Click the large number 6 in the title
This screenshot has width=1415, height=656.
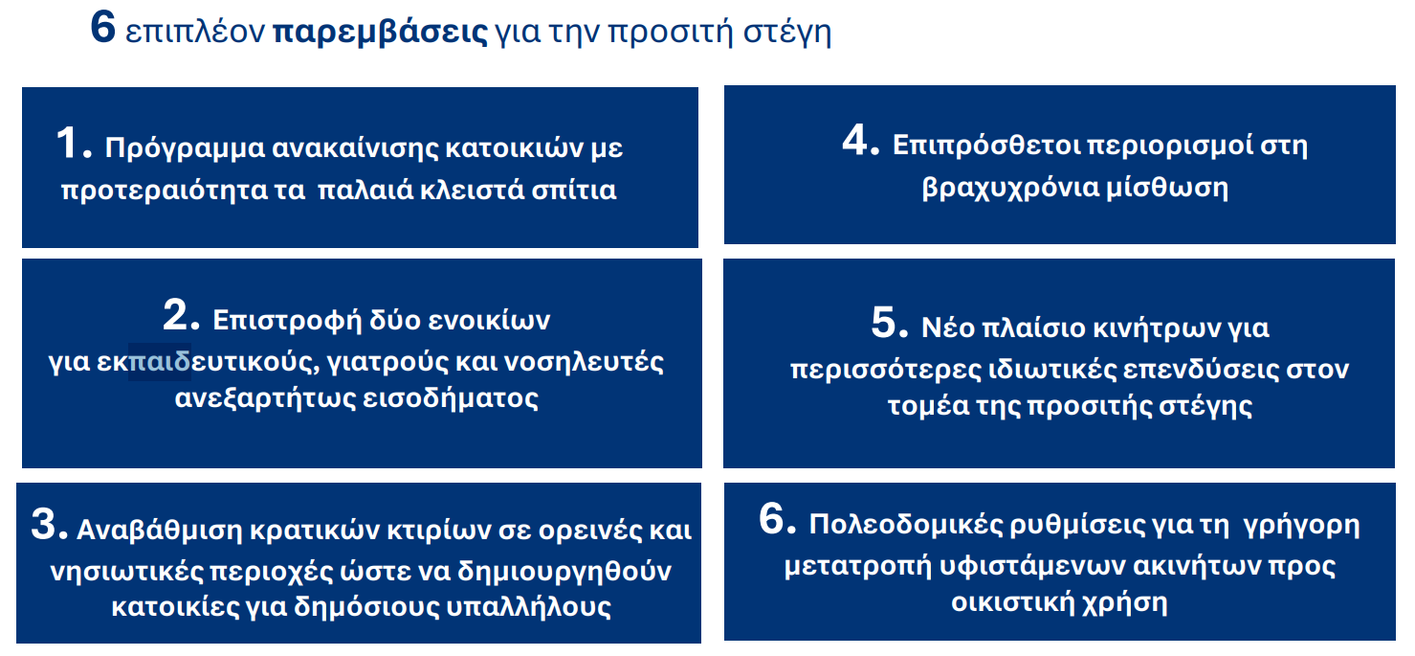[102, 28]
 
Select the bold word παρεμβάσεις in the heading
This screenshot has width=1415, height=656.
[380, 31]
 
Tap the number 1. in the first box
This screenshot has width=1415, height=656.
[74, 145]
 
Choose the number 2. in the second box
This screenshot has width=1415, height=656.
[181, 315]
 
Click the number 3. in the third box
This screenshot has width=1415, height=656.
[49, 524]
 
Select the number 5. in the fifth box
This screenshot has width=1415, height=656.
[889, 323]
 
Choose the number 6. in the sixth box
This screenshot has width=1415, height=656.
[777, 519]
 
